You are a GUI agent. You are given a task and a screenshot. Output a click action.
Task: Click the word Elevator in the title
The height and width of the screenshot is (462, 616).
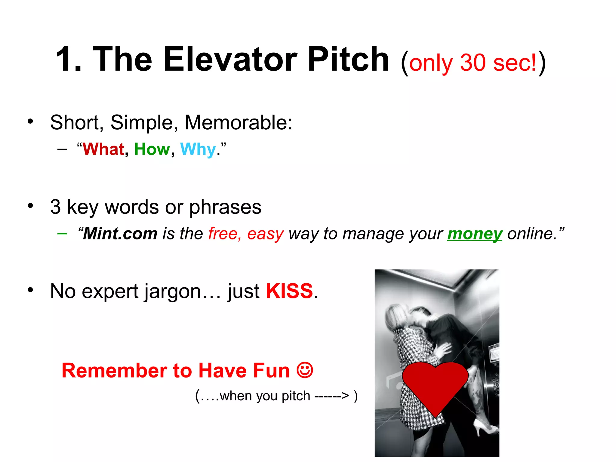click(230, 59)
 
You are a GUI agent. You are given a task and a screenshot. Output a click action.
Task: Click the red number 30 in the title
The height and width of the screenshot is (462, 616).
click(473, 63)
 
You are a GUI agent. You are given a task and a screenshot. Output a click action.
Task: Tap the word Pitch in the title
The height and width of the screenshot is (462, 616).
click(348, 59)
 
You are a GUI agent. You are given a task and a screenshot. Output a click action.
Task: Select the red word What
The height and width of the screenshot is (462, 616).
click(103, 149)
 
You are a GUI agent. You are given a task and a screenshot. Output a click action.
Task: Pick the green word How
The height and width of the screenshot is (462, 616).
click(152, 149)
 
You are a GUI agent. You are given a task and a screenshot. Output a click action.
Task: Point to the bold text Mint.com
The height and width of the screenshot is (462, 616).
click(120, 234)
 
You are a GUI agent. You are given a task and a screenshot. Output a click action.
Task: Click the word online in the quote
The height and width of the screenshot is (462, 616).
click(532, 234)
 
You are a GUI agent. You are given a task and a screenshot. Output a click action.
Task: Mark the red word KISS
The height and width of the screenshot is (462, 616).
click(289, 291)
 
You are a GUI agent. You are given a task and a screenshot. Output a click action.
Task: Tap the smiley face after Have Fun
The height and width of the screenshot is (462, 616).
click(305, 370)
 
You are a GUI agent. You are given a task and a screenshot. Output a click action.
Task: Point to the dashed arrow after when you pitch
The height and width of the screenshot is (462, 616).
click(331, 396)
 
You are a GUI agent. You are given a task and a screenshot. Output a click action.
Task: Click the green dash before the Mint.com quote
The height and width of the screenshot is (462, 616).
click(62, 233)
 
